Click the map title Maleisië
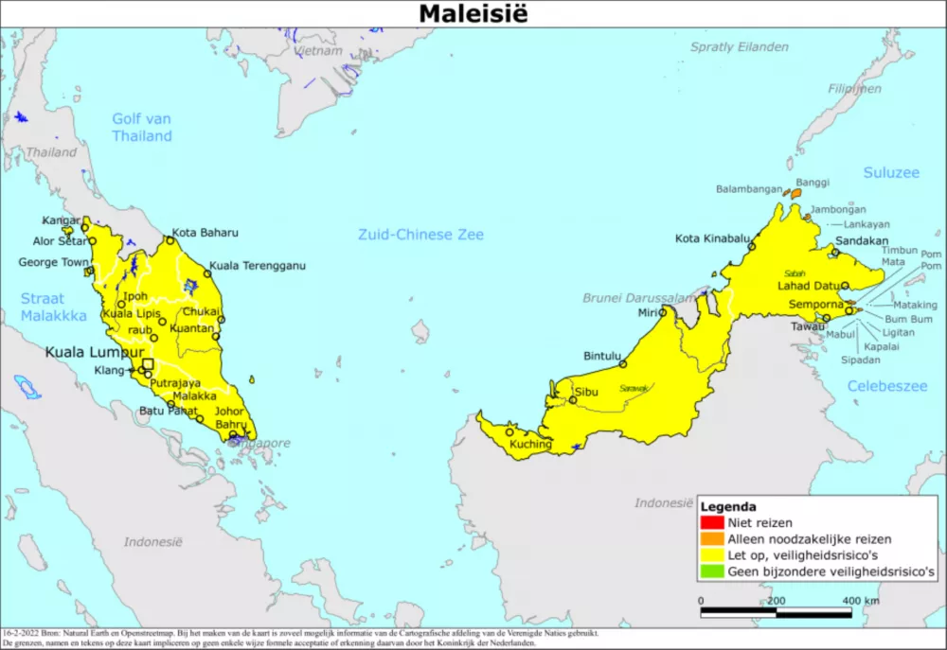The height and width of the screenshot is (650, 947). click(x=473, y=13)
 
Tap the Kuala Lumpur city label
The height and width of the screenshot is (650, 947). click(x=95, y=352)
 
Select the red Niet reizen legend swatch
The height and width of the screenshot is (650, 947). click(x=712, y=522)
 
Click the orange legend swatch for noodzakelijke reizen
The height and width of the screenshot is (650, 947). click(x=712, y=539)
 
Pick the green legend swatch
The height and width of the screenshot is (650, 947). click(x=712, y=571)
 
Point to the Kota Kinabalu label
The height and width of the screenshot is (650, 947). click(x=712, y=237)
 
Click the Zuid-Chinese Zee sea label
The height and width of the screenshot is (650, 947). click(x=420, y=235)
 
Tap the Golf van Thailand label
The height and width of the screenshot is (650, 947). click(x=142, y=128)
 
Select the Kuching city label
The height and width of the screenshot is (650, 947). click(x=530, y=444)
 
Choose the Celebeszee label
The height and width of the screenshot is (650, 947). click(x=887, y=386)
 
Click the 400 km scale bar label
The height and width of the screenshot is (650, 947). click(x=860, y=601)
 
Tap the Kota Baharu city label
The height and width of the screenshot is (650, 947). click(x=205, y=232)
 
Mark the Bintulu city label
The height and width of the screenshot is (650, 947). click(x=602, y=356)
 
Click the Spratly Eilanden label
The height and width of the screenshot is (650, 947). click(x=739, y=46)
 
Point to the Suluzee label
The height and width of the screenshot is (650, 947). click(x=891, y=172)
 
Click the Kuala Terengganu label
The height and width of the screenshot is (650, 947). click(x=258, y=266)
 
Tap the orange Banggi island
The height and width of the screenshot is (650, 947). click(x=795, y=193)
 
